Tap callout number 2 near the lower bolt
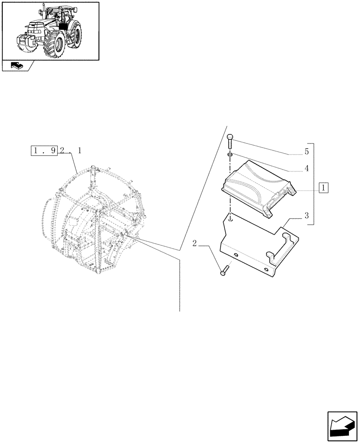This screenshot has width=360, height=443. (195, 243)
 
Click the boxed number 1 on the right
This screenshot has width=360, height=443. (324, 187)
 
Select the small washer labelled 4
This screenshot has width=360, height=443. (230, 154)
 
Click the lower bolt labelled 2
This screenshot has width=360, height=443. (224, 270)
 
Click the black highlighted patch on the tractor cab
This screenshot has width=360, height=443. (63, 25)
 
